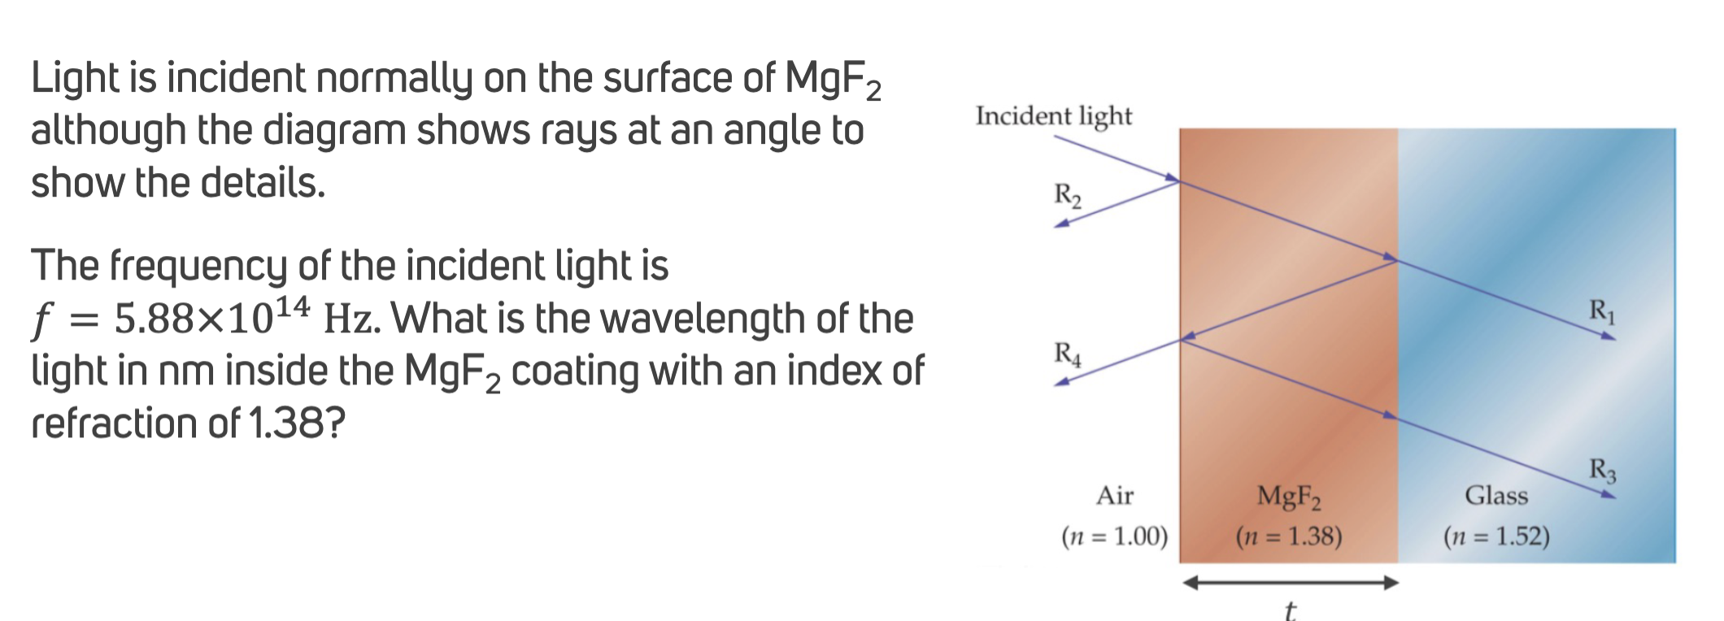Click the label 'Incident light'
(x=1053, y=116)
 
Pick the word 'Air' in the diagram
(x=1114, y=495)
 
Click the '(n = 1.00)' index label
(x=1114, y=536)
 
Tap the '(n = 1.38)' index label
(x=1288, y=536)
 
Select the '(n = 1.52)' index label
(x=1496, y=536)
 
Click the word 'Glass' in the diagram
(x=1496, y=495)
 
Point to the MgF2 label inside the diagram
(x=1289, y=496)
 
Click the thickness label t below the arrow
(x=1290, y=610)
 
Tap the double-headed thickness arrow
(x=1290, y=582)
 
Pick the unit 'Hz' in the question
(x=350, y=319)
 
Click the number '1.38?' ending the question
(x=297, y=423)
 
